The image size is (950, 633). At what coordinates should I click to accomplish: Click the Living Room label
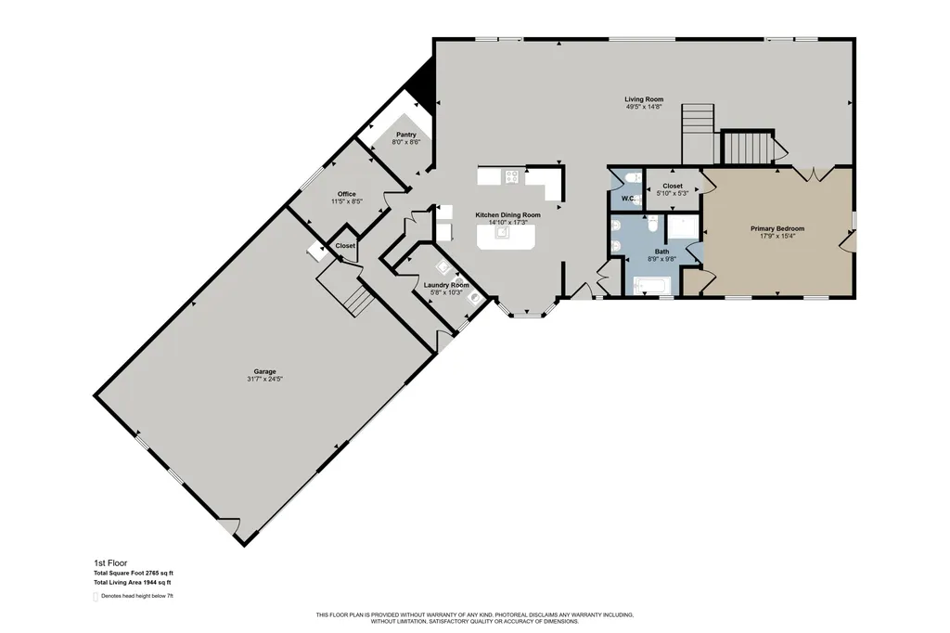(644, 98)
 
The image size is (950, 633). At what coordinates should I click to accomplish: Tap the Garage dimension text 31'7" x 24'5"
(264, 379)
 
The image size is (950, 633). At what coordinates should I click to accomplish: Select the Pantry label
(406, 135)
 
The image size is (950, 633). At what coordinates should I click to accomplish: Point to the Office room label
(347, 194)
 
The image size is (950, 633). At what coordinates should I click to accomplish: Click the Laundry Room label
(446, 285)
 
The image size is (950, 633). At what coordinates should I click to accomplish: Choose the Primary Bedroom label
(777, 228)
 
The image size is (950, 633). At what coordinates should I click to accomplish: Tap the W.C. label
(628, 199)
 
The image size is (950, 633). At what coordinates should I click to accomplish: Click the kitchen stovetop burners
(512, 176)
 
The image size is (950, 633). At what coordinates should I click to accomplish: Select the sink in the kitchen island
(502, 232)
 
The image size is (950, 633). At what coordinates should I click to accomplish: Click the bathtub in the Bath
(651, 286)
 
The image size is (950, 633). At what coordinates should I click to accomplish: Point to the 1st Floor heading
(110, 563)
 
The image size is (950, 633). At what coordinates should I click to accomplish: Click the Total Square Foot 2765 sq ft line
(134, 573)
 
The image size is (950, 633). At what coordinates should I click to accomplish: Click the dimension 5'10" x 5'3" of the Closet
(673, 193)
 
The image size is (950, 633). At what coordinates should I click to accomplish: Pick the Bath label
(661, 252)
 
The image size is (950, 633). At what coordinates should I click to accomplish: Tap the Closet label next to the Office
(345, 246)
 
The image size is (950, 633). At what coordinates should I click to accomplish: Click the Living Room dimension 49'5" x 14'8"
(644, 107)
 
